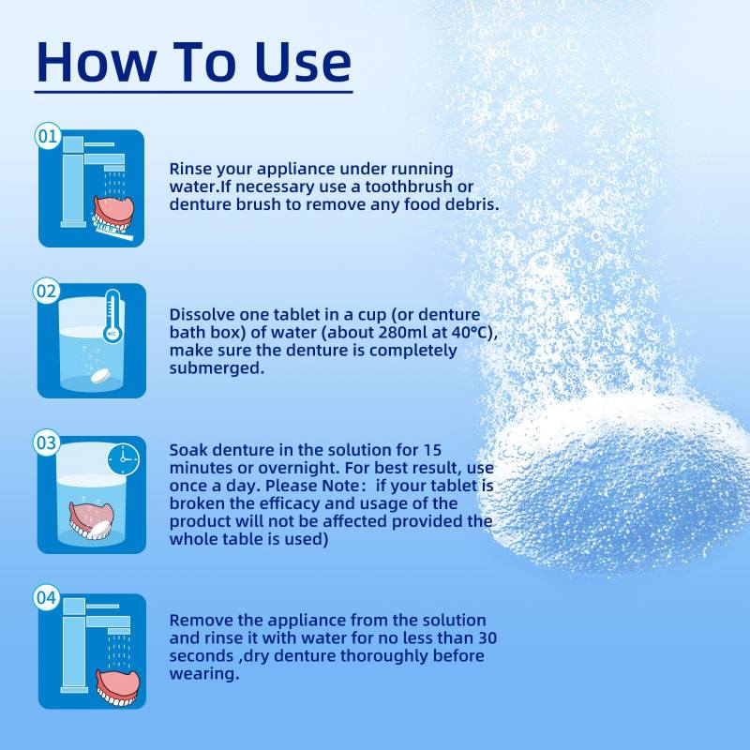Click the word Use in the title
point(303,62)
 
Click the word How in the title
point(97,62)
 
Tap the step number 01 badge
point(48,136)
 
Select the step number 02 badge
point(46,291)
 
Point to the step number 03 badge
point(46,442)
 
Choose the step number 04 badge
point(46,597)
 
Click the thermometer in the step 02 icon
point(112,316)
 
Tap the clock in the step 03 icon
point(124,459)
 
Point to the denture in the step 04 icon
point(118,688)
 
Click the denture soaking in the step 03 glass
point(91,520)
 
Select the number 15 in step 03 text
point(432,450)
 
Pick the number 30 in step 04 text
point(487,638)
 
